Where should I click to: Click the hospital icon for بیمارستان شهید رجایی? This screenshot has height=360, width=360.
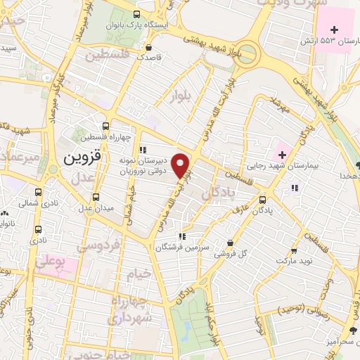coord(281,154)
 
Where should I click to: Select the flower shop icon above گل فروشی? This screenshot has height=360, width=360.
coord(230,243)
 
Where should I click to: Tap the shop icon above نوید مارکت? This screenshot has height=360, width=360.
coord(293,250)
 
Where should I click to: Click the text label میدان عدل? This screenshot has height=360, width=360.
coord(96,208)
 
